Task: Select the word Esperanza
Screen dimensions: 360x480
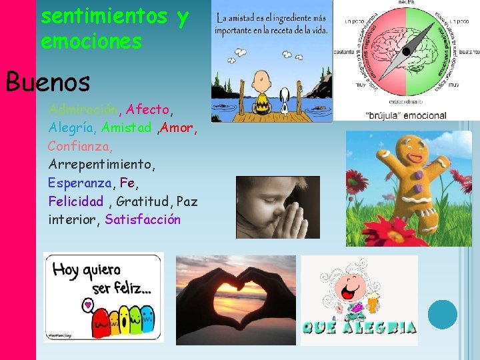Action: tap(81, 182)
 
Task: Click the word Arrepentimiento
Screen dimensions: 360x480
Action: tap(101, 163)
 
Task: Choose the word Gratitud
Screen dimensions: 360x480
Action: tap(143, 201)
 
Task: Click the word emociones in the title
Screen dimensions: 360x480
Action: tap(91, 41)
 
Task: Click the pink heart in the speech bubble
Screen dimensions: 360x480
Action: tap(87, 306)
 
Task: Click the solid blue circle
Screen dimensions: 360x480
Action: tap(442, 314)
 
